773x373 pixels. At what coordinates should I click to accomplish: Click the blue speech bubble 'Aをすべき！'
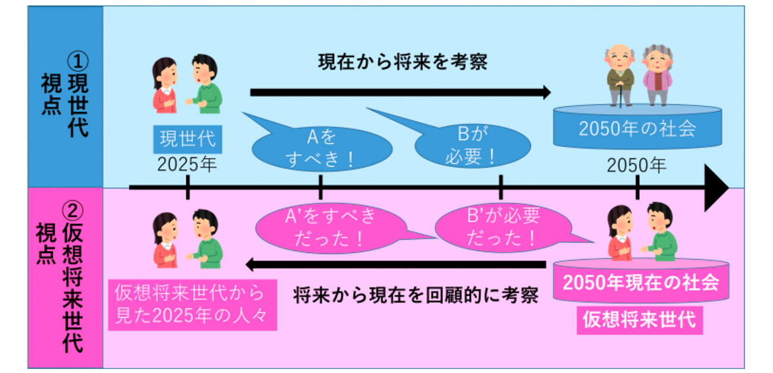(x=321, y=150)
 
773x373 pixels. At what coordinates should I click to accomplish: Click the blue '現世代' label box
(x=187, y=140)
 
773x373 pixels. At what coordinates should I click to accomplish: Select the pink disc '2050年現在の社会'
(x=640, y=282)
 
